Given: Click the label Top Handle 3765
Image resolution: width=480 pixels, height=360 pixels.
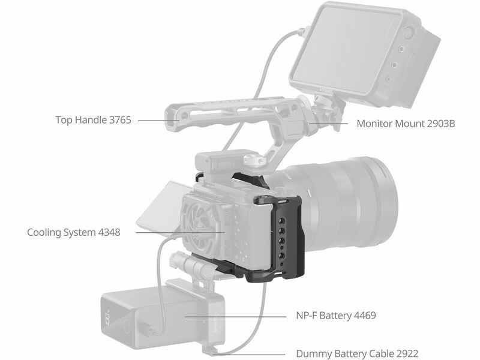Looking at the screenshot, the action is [x=93, y=119].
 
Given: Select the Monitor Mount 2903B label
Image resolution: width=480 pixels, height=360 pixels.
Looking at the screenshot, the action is [x=406, y=124].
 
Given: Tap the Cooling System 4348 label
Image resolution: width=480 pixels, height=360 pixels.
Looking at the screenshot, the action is [x=74, y=232].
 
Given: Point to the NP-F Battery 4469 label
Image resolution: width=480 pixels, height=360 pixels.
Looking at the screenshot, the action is [x=336, y=316].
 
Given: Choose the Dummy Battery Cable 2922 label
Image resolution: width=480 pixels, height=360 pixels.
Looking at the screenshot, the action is [x=357, y=354].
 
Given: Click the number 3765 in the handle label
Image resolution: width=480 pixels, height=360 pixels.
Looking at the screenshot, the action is [x=120, y=119].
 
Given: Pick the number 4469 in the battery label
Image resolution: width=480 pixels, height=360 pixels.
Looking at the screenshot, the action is [x=365, y=316].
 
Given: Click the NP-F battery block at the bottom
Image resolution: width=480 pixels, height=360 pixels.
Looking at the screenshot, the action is [x=162, y=317].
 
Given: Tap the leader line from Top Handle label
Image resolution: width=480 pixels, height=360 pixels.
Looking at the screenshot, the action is [x=159, y=121].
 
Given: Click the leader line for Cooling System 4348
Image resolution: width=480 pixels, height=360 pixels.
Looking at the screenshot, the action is [x=181, y=232].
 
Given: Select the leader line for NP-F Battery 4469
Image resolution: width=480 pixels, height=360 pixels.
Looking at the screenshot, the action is [x=235, y=317].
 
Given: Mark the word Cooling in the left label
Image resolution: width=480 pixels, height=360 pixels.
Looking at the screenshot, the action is [x=44, y=232].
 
